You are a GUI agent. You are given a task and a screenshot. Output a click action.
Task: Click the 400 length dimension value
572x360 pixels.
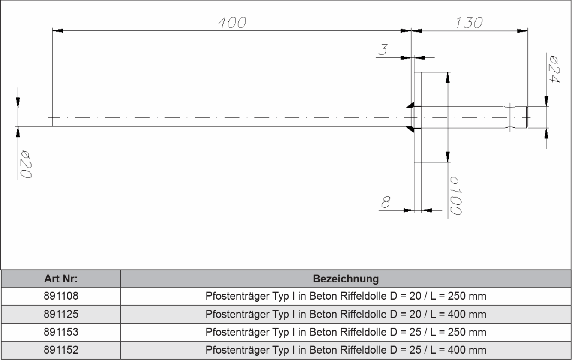232,23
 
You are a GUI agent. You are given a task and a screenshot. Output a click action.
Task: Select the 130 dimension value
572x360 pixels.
469,23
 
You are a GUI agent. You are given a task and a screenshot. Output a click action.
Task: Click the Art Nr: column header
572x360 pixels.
61,279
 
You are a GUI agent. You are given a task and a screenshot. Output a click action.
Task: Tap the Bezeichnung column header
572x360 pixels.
346,279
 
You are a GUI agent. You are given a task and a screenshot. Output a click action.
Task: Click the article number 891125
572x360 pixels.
61,315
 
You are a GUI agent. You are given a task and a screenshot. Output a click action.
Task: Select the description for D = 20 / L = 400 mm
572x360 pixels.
346,315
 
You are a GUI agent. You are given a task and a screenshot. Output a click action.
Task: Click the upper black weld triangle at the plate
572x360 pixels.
410,105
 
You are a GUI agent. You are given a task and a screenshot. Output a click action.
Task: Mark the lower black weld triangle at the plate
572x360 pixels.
410,129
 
